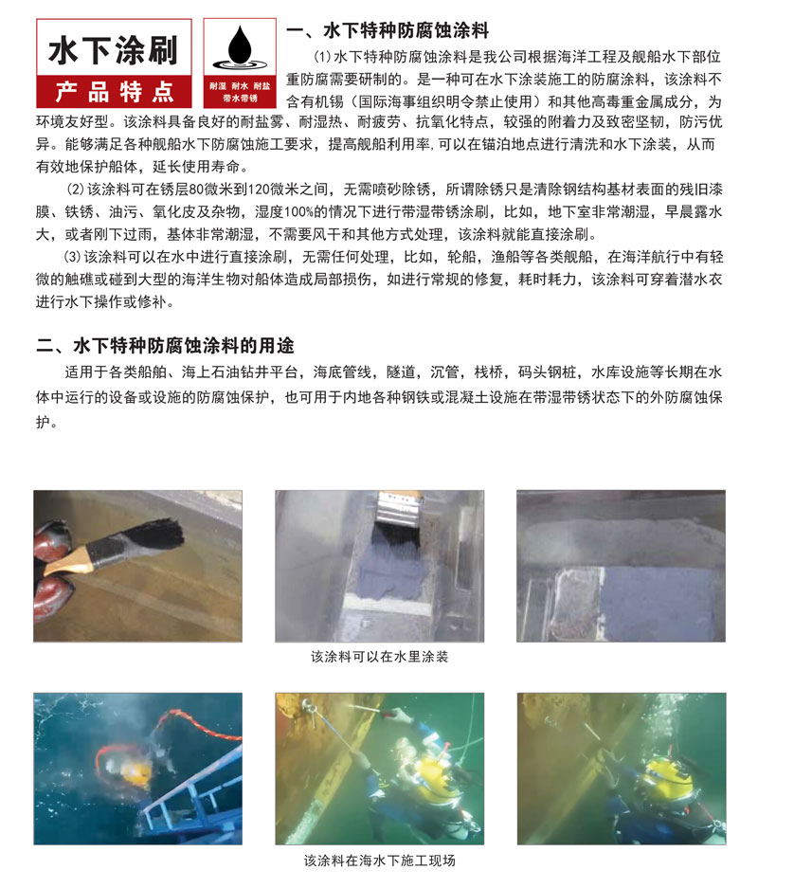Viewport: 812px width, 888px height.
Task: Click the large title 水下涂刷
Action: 114,50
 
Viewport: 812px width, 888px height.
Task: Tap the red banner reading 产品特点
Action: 115,91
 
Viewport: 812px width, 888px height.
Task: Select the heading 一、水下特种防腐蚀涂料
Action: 388,30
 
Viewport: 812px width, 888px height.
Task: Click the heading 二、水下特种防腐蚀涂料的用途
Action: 165,346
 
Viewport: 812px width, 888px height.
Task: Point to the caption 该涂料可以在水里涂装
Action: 379,657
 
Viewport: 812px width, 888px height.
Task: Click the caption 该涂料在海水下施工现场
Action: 379,861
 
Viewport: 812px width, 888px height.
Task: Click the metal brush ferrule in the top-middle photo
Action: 399,508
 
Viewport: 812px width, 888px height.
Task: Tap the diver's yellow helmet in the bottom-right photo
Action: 669,776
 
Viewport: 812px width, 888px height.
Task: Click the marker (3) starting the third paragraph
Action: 72,257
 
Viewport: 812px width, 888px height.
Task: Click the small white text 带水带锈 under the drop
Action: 240,99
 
